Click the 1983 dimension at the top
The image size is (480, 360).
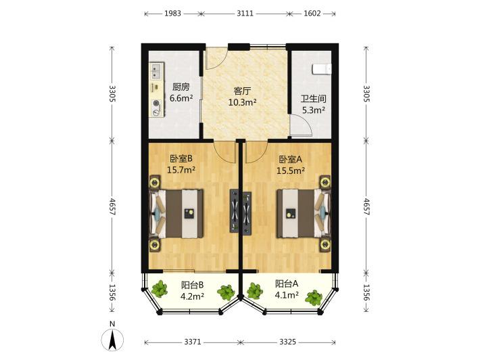coord(172,14)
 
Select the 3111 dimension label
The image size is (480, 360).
coord(245,14)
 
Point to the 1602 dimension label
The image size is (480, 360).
coord(312,14)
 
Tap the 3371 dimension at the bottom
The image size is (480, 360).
coord(193,342)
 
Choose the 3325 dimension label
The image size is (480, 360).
coord(287,342)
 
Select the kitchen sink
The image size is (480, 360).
coord(157,70)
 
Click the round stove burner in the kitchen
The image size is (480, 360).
coord(156,104)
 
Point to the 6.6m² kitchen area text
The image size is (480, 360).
coord(181,98)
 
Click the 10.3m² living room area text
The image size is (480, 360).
coord(242,102)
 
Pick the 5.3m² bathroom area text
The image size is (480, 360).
coord(314,110)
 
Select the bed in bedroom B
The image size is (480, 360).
coord(176,214)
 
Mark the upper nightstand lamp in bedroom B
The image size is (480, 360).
coord(155,183)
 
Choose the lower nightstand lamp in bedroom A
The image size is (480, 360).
coord(325,245)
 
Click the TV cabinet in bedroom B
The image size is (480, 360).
coord(235,211)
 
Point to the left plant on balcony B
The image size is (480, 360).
coord(160,289)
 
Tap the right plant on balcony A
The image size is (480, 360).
coord(314,298)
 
